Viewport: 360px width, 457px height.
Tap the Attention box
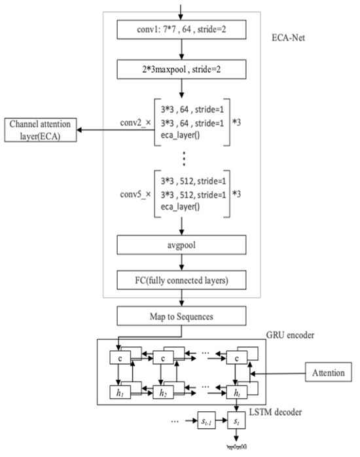tap(327, 374)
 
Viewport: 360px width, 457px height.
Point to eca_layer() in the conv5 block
tap(187, 208)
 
